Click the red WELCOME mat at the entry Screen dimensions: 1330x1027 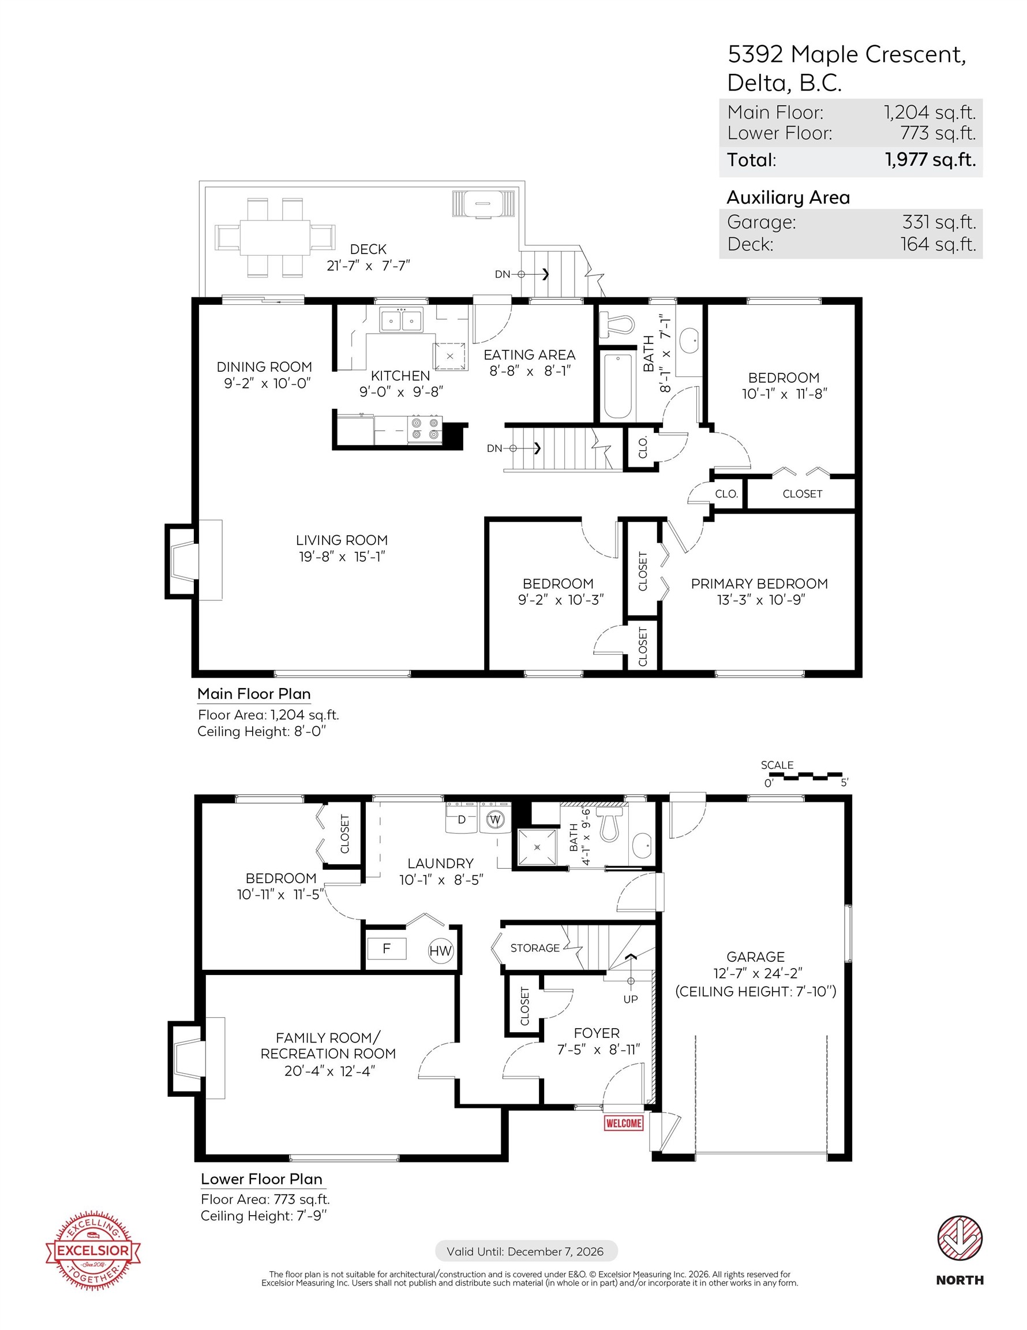(623, 1123)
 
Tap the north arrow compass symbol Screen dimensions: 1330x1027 (959, 1239)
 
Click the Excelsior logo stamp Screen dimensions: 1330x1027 (93, 1251)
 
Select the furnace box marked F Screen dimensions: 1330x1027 (386, 948)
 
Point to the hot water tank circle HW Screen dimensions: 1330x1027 (440, 951)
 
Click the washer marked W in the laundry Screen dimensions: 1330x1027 (496, 820)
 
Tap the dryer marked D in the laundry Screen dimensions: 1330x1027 (462, 820)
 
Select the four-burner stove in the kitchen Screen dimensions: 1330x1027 (425, 428)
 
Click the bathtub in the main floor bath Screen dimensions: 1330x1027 (618, 386)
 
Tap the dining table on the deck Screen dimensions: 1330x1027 (275, 237)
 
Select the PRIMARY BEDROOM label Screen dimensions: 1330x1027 (759, 584)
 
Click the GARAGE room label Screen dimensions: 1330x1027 (755, 957)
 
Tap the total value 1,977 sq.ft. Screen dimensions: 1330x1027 (929, 160)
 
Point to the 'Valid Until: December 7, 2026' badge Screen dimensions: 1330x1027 (526, 1251)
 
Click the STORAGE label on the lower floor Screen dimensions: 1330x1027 (534, 947)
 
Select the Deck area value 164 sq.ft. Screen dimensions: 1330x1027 (938, 244)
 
